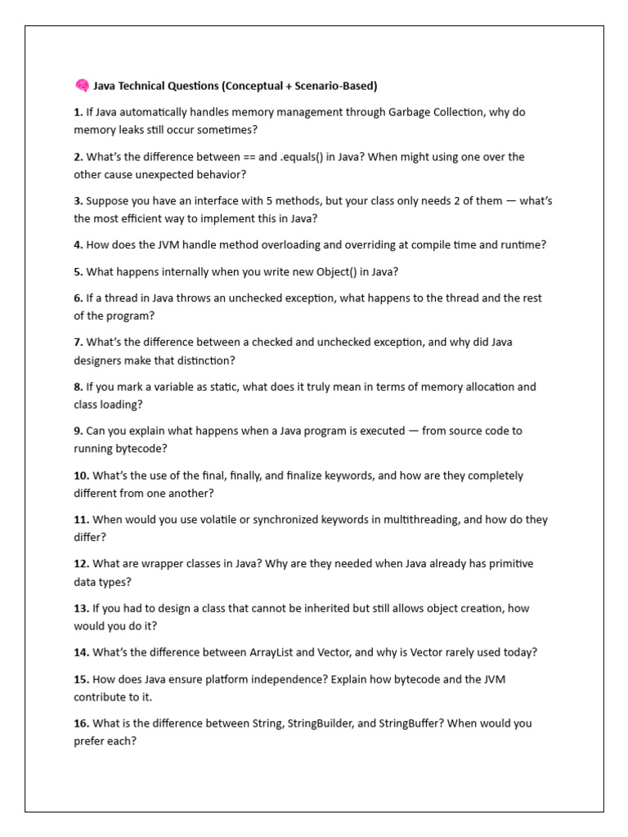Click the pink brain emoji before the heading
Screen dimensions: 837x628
point(81,85)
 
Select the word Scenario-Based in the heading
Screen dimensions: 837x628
point(333,85)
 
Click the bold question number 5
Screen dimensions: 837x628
point(78,271)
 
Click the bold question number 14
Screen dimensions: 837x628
point(81,652)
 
